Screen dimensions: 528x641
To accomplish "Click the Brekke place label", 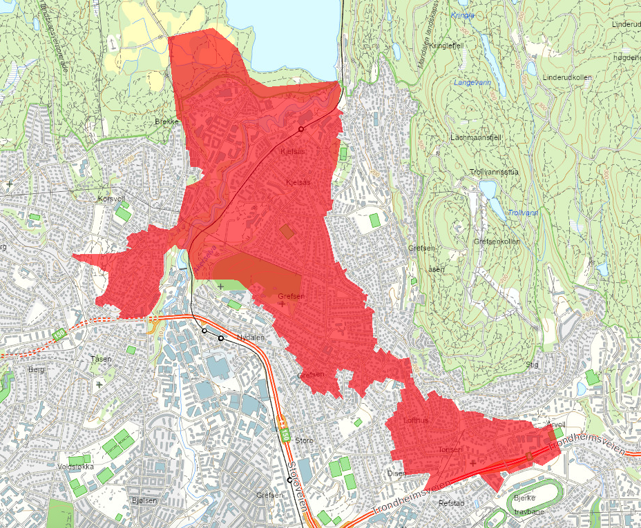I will pos(167,121).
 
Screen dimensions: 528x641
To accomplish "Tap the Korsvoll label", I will pos(111,198).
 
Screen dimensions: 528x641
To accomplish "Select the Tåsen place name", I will pos(101,359).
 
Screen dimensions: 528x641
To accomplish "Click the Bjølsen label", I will pos(143,500).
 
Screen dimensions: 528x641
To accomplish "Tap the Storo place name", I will pos(303,440).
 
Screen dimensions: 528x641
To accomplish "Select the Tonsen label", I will pos(449,449).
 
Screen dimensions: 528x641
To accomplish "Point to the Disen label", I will pos(396,473).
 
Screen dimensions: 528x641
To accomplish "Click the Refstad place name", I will pos(452,503).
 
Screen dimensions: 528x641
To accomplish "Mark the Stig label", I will pos(531,364).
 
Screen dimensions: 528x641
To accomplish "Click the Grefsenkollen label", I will pos(497,242).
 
